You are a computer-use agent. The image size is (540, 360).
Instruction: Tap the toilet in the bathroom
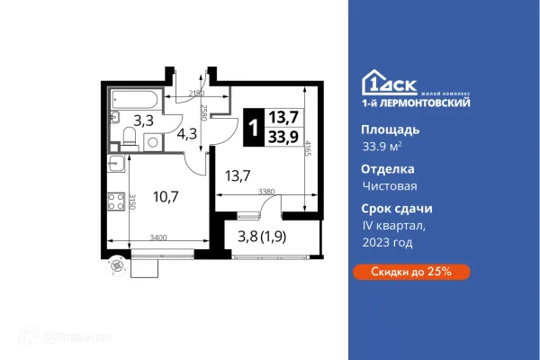(129, 138)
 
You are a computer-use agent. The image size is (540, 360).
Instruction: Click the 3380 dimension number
(265, 191)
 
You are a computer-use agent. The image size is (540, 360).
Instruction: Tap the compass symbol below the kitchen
(114, 264)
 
